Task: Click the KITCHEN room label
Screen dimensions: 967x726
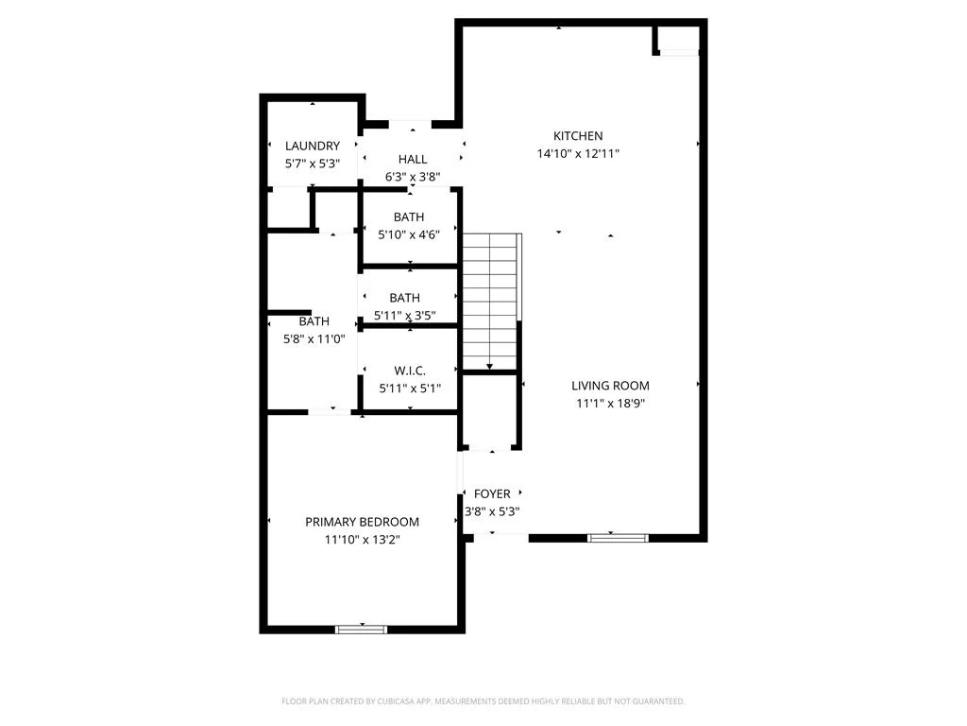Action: (578, 136)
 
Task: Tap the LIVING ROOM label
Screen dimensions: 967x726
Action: (610, 386)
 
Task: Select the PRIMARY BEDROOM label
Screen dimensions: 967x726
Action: (362, 522)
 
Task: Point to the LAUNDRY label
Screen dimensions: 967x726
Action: (312, 146)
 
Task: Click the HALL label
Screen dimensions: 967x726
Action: (413, 159)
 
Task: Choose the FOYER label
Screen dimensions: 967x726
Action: (492, 493)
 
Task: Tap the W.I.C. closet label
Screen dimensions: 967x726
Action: (410, 371)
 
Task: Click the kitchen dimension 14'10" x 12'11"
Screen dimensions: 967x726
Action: (578, 154)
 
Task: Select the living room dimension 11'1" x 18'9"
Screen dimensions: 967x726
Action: (611, 403)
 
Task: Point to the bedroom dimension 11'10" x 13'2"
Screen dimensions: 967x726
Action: (363, 540)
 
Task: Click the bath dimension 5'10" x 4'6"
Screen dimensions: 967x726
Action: (409, 234)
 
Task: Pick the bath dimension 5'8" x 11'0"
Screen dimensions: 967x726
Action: (314, 339)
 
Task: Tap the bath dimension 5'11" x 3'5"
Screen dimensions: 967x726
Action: (404, 316)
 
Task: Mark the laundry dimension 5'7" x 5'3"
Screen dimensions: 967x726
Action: (313, 164)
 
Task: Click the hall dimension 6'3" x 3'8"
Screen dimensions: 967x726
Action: (413, 177)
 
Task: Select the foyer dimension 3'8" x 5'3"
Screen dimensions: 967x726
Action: (492, 511)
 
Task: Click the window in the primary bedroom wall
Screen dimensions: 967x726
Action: (362, 630)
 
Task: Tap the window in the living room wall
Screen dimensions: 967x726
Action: (618, 538)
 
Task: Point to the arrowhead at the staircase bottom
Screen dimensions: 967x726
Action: (490, 367)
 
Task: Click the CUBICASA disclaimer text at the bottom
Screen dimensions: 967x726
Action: (483, 701)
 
